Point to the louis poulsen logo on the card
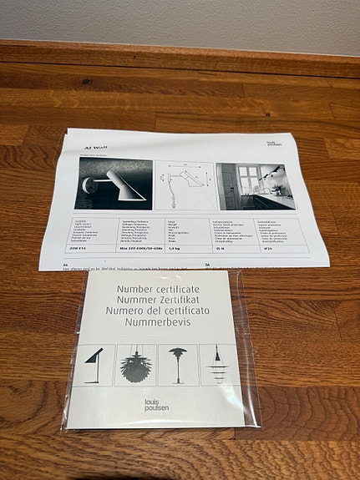155,406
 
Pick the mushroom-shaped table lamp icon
177,365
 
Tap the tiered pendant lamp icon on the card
219,364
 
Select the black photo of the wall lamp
114,184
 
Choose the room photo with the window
253,186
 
